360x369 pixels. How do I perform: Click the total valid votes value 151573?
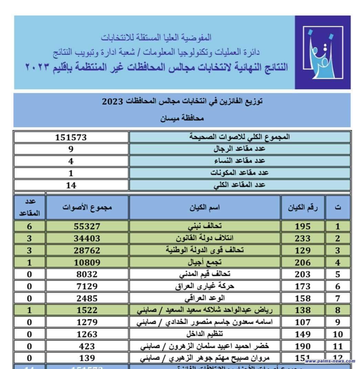[71, 137]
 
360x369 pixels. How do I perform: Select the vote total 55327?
[87, 226]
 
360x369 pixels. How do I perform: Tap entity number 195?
[302, 227]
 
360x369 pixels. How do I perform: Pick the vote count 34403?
[87, 238]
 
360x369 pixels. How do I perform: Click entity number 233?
[302, 238]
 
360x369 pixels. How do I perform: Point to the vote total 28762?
[87, 250]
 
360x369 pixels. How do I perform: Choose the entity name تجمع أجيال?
[205, 262]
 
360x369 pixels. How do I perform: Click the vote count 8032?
[87, 274]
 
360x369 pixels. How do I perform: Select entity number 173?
[302, 286]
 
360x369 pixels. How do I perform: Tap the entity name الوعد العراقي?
[205, 298]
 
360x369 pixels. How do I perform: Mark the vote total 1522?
[87, 310]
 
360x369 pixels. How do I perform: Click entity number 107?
[302, 322]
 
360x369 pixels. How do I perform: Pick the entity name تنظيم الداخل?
[205, 334]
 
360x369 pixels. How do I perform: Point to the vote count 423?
[87, 346]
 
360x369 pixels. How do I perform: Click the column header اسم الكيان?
[205, 207]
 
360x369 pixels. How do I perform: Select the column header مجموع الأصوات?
[87, 207]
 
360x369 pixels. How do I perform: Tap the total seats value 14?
[71, 185]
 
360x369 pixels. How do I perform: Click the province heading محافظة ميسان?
[182, 119]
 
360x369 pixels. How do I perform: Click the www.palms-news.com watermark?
[330, 361]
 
